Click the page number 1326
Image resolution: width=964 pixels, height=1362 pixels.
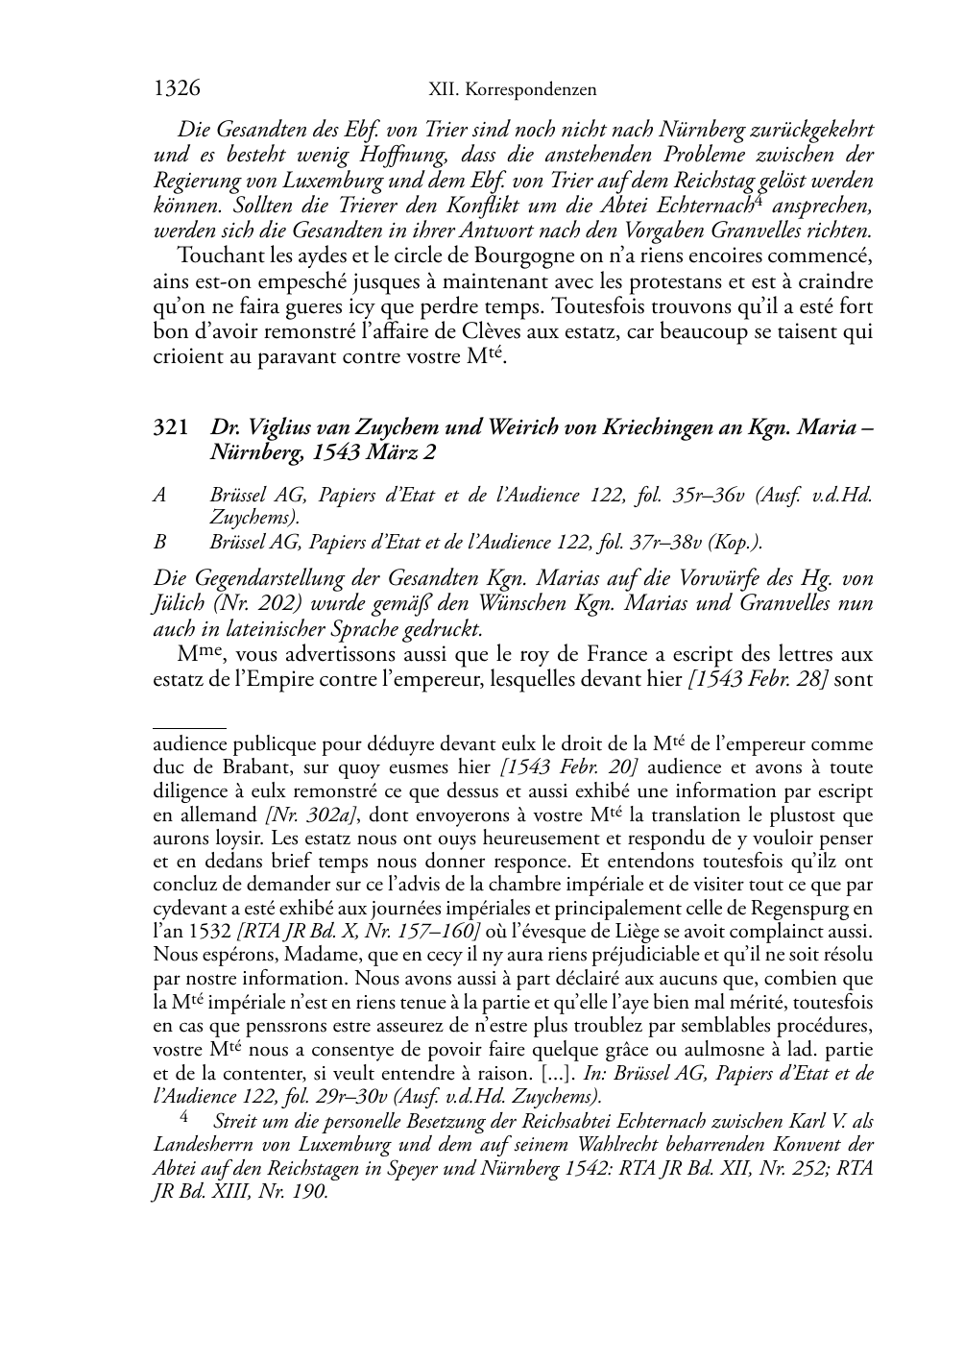[177, 89]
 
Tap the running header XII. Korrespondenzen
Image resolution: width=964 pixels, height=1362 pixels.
[512, 90]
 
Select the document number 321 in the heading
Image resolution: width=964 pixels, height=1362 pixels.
[171, 428]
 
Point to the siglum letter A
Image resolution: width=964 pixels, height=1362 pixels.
[159, 496]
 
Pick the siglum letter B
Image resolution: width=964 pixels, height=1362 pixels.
[159, 542]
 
